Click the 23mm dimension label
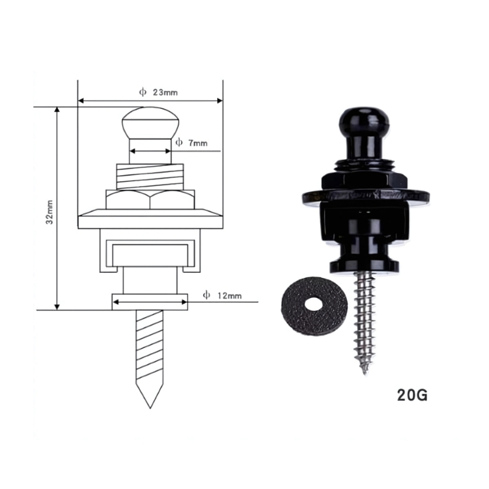coord(165,92)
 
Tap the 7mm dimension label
coord(198,143)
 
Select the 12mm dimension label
coord(230,295)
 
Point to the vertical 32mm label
coord(49,212)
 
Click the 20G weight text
coord(412,395)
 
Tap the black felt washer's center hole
coord(315,304)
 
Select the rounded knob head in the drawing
coord(150,123)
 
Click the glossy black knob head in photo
coord(364,120)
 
